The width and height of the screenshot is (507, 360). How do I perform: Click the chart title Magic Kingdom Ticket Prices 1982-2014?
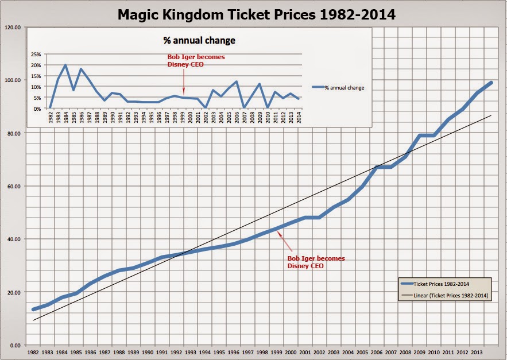click(x=256, y=14)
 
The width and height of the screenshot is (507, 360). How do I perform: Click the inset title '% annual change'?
click(x=199, y=41)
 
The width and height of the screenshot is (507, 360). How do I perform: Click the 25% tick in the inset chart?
click(x=36, y=54)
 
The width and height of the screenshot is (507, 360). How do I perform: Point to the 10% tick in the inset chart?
click(x=36, y=87)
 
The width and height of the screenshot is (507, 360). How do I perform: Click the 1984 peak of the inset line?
click(x=65, y=65)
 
